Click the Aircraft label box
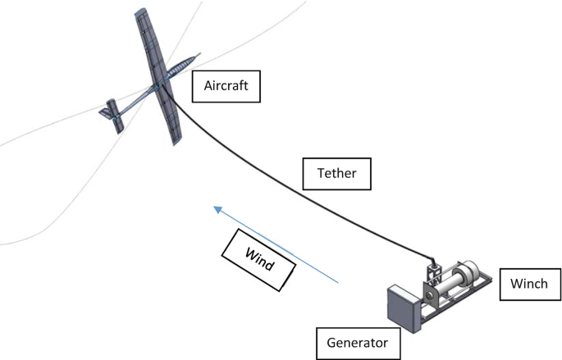click(x=226, y=84)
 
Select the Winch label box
click(x=528, y=285)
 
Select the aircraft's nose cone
click(x=194, y=57)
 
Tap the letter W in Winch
click(x=514, y=285)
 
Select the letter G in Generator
click(x=331, y=340)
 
